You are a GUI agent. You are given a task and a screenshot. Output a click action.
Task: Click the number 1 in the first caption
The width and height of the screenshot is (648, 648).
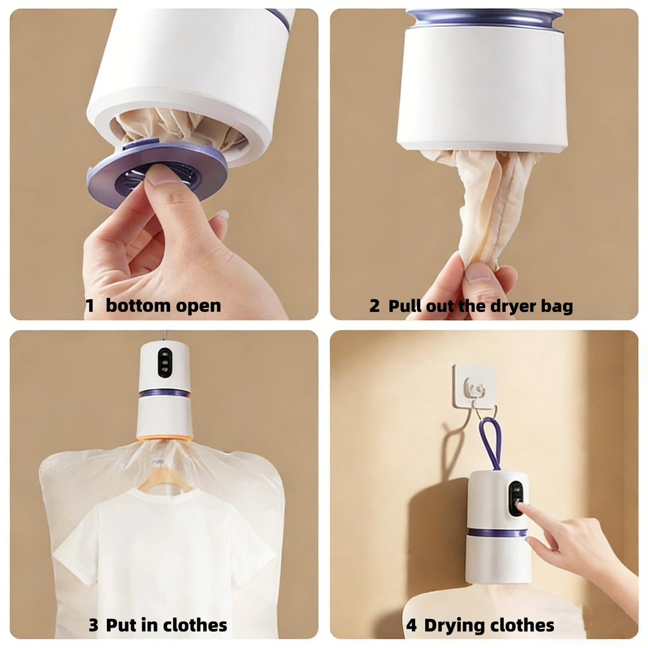point(90,306)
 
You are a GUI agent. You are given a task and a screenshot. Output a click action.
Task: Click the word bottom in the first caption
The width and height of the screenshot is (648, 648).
point(139,306)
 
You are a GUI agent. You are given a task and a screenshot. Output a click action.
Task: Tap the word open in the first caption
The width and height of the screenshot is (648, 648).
point(198,306)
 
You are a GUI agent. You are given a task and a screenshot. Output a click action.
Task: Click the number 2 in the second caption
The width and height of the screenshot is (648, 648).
point(375,306)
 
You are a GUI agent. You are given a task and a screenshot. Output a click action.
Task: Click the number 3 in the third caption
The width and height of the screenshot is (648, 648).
point(94,626)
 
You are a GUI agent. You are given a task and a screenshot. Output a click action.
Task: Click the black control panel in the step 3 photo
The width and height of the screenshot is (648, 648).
point(165,363)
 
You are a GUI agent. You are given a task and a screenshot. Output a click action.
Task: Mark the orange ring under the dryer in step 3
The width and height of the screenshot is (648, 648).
point(164,437)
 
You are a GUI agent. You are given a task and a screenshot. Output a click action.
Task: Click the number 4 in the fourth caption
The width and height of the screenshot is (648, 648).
point(411,626)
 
